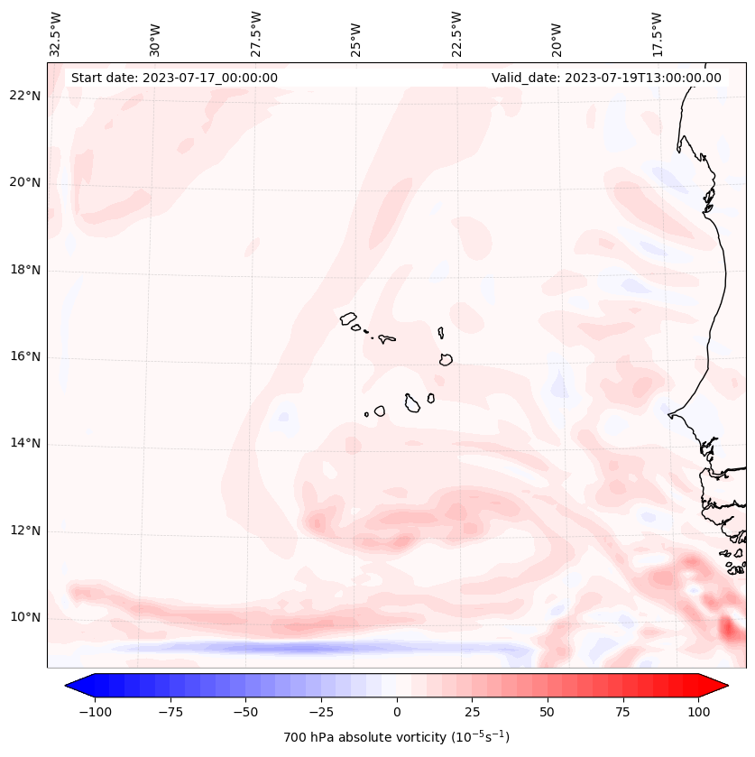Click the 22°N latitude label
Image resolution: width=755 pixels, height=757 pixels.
25,96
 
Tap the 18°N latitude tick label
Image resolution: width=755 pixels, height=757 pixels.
25,270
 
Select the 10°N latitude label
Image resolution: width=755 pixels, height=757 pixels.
25,618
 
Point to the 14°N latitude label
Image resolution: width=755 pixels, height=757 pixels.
25,443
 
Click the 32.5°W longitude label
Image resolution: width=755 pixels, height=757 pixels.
56,33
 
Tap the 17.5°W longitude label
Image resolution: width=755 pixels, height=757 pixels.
657,33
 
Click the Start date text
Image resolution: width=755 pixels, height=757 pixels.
174,78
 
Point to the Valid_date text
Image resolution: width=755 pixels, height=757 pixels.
606,78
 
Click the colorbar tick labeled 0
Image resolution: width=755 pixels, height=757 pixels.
397,712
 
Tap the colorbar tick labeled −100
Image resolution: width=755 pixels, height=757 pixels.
95,712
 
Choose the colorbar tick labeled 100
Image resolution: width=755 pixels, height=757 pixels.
698,712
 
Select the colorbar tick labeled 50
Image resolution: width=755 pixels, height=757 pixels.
548,712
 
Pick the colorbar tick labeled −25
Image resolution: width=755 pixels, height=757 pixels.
321,712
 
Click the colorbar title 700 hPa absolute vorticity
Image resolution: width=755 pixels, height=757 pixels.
397,737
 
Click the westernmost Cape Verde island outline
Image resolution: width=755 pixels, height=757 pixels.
348,318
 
